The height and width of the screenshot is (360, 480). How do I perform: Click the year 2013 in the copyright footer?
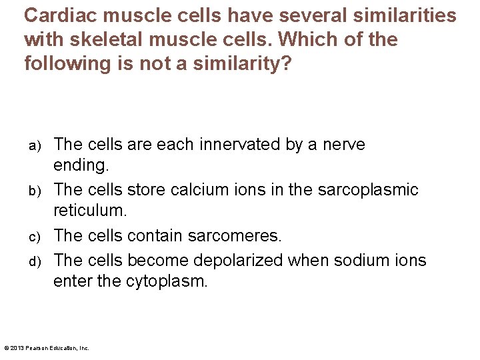coord(16,347)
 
